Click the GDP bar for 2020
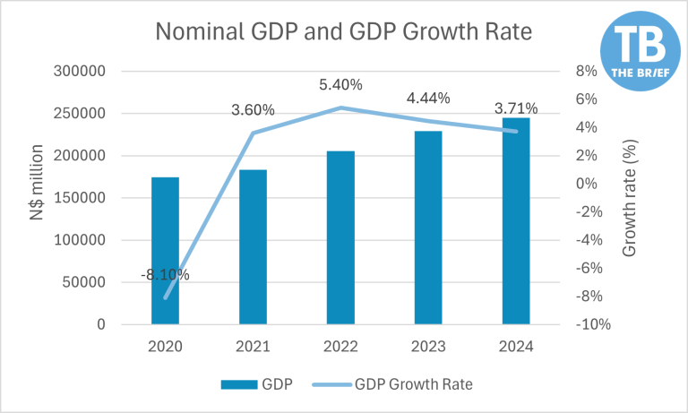coord(165,251)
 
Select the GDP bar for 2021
coord(253,246)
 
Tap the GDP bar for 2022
coord(340,237)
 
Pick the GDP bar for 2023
coord(428,228)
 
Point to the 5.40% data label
coord(340,85)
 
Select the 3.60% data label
coord(253,110)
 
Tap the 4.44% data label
coord(428,99)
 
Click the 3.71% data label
coord(516,108)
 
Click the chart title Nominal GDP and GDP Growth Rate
coord(344,31)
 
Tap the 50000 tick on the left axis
coord(86,282)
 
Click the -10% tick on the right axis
coord(593,324)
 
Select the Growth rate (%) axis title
coord(629,198)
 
